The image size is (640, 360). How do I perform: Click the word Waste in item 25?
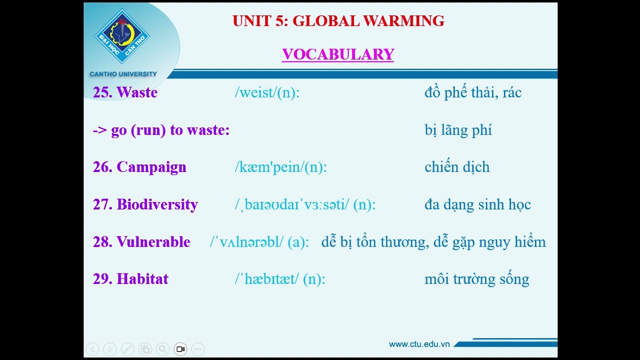click(137, 92)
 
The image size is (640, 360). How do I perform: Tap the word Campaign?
click(151, 167)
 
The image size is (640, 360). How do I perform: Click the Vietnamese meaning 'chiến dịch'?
click(457, 167)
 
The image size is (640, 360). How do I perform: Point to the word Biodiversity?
click(157, 204)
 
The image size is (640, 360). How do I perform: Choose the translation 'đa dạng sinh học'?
click(477, 204)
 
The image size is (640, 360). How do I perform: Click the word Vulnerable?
click(153, 242)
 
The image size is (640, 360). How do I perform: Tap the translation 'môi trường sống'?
click(476, 279)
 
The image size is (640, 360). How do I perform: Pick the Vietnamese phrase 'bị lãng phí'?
click(458, 130)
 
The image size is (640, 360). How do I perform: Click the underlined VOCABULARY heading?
click(338, 54)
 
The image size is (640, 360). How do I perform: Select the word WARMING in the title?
click(403, 21)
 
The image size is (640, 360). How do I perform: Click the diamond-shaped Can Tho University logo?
click(122, 36)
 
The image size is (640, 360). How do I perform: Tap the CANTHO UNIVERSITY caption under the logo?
click(123, 74)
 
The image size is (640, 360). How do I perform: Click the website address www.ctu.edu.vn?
click(419, 344)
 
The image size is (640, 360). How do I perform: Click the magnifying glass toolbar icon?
click(162, 349)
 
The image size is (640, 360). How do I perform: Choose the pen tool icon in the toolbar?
click(127, 349)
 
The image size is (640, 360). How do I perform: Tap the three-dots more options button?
click(198, 349)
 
